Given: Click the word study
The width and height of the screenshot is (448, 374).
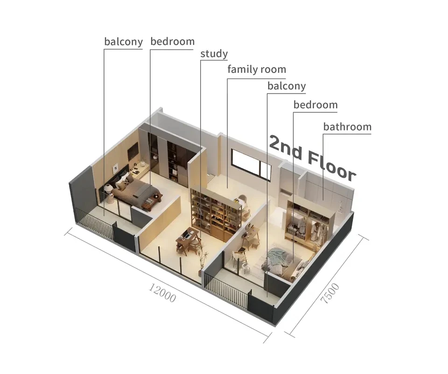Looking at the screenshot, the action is (x=214, y=54).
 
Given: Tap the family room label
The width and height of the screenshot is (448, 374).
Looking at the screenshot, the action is (x=257, y=69).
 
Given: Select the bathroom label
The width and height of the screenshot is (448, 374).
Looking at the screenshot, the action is (x=347, y=127).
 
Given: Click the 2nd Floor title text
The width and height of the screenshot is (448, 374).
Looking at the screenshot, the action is (x=312, y=158).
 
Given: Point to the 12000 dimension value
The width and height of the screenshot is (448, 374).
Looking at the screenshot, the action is (x=162, y=293).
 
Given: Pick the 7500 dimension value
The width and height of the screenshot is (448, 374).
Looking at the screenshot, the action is (x=330, y=293).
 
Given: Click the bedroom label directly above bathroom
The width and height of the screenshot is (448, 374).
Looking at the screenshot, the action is (x=315, y=105).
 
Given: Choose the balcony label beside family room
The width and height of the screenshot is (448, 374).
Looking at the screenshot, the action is (x=287, y=86).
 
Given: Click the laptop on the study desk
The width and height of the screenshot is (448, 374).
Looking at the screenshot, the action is (x=187, y=236).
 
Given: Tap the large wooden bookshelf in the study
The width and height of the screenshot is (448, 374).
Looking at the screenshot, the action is (x=216, y=210).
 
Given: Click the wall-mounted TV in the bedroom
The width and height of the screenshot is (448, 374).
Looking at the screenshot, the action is (x=133, y=152).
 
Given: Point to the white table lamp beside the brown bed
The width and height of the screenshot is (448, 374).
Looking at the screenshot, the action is (x=109, y=189).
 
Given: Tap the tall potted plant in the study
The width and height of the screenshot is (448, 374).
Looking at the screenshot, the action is (x=203, y=258).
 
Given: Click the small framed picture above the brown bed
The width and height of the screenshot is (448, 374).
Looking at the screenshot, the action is (x=115, y=167).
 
